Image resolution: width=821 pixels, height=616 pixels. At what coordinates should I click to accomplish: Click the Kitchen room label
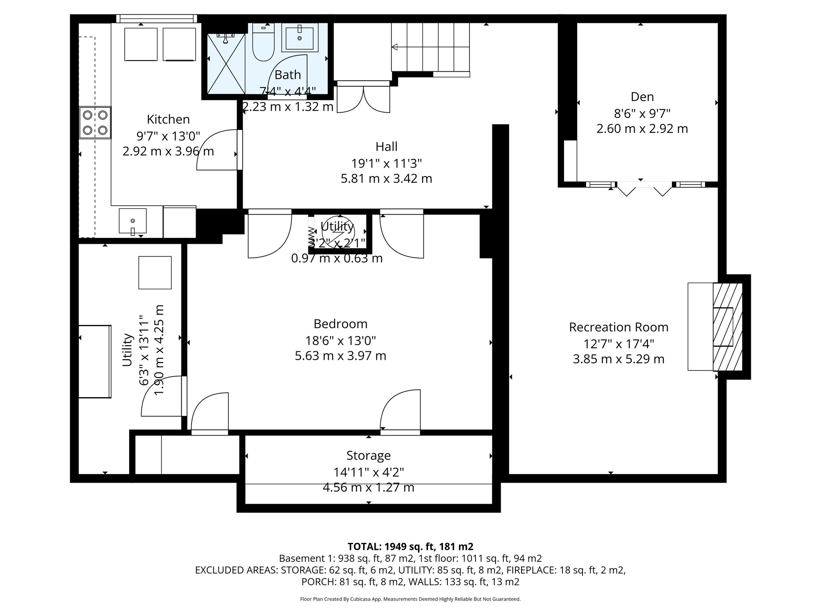click(x=168, y=120)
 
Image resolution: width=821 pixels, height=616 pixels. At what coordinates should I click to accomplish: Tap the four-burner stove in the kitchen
click(x=95, y=122)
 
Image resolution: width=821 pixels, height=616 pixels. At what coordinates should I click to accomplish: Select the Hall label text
click(x=386, y=147)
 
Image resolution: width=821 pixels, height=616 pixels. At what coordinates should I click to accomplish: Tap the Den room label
click(x=642, y=97)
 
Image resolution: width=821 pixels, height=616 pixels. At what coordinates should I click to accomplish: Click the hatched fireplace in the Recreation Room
click(x=727, y=326)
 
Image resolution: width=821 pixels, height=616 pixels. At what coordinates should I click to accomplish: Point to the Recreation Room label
click(x=619, y=327)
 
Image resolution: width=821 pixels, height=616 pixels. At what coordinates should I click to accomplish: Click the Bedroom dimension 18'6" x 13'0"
click(x=340, y=341)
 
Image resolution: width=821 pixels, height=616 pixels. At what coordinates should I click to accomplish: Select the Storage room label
click(x=368, y=456)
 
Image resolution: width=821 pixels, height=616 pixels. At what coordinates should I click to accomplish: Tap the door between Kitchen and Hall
click(x=218, y=150)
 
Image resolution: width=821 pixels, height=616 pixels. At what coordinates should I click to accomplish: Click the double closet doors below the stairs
click(x=363, y=99)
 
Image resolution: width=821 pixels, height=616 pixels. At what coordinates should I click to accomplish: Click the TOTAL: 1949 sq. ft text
click(x=410, y=547)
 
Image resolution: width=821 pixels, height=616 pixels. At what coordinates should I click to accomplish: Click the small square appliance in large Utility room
click(x=155, y=273)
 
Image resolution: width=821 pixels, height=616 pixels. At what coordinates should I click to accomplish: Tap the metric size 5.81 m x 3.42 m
click(x=386, y=178)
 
